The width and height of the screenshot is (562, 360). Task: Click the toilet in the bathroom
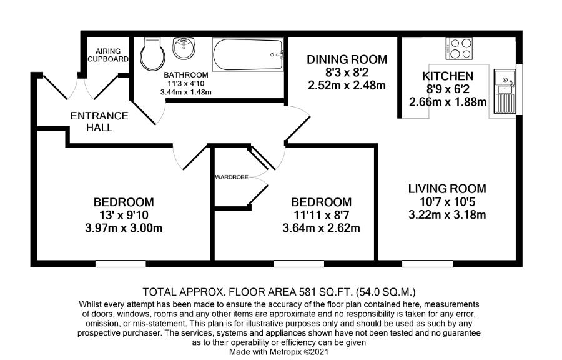point(150,54)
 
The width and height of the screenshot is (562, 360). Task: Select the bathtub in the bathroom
point(248,54)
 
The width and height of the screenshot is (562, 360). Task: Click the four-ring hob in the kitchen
point(460,47)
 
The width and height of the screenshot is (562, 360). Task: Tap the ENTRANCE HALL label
point(99,122)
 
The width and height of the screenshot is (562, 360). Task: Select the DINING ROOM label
point(347,60)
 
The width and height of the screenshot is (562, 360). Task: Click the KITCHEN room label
point(447,76)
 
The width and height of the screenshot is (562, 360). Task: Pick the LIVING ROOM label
point(446,189)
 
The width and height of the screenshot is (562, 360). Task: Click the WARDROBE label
point(231,177)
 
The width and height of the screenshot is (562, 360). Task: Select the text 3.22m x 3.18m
point(446,216)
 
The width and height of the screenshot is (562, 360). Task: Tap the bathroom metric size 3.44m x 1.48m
point(186,92)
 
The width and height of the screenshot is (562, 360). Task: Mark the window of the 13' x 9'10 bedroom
point(121,264)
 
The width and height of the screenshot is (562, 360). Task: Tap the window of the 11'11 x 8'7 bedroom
point(294,264)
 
